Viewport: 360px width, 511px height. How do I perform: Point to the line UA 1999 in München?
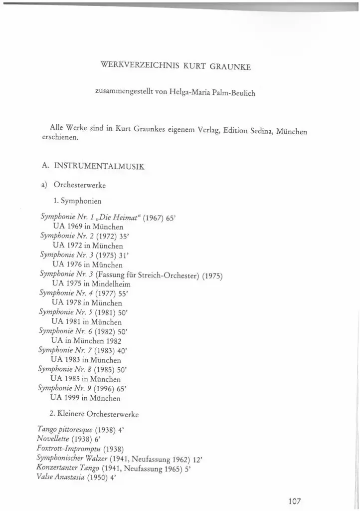85,398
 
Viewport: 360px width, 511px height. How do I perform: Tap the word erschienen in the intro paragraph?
59,139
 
